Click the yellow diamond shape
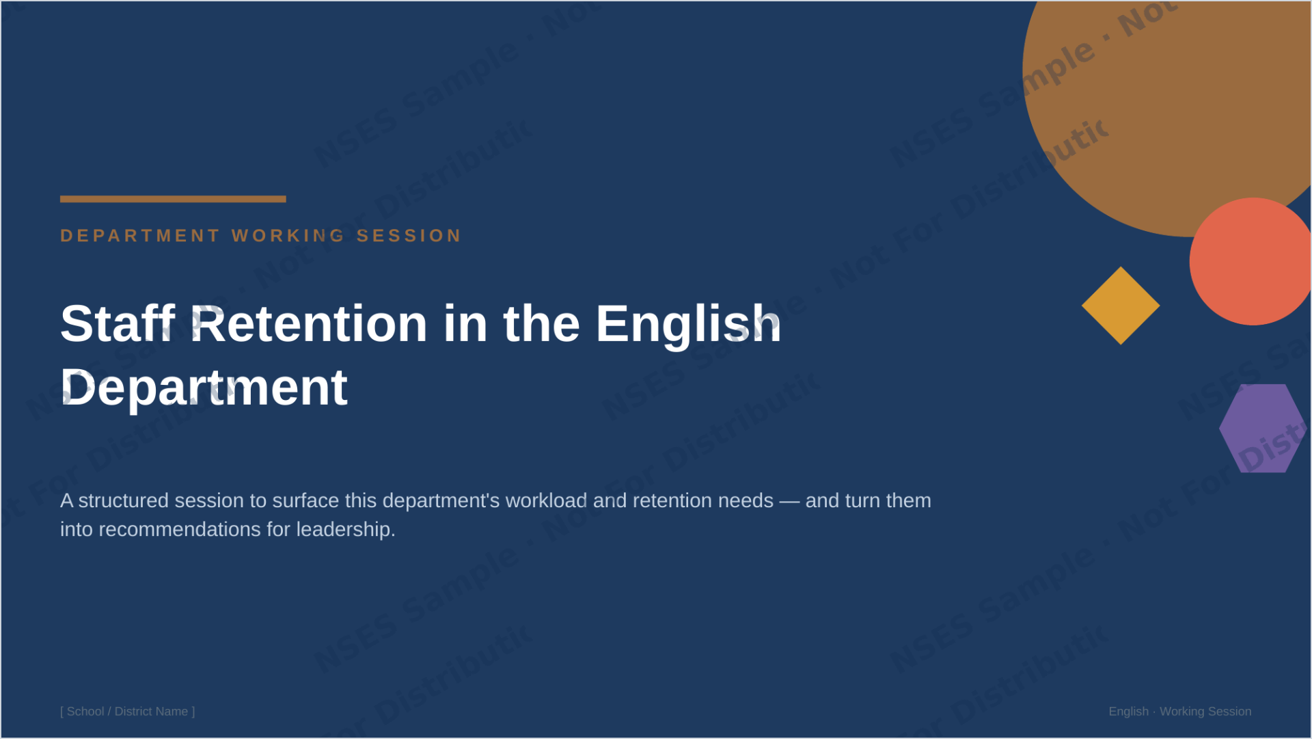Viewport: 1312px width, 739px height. click(x=1121, y=306)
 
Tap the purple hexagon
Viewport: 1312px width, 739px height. click(x=1263, y=429)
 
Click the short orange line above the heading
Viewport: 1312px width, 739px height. click(x=173, y=199)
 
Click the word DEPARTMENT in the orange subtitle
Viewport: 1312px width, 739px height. click(x=140, y=236)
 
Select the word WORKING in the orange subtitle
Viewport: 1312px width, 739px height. click(x=288, y=236)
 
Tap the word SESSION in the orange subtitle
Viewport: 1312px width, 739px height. click(x=409, y=236)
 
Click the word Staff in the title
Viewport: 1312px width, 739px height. click(x=118, y=323)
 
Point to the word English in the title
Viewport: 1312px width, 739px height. click(x=688, y=323)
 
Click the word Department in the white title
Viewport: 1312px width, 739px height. click(x=204, y=388)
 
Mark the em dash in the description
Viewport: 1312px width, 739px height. click(x=789, y=501)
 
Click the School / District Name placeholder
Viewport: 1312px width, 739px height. click(x=128, y=712)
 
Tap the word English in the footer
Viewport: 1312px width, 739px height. click(x=1129, y=712)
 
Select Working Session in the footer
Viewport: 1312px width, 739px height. click(x=1205, y=712)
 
